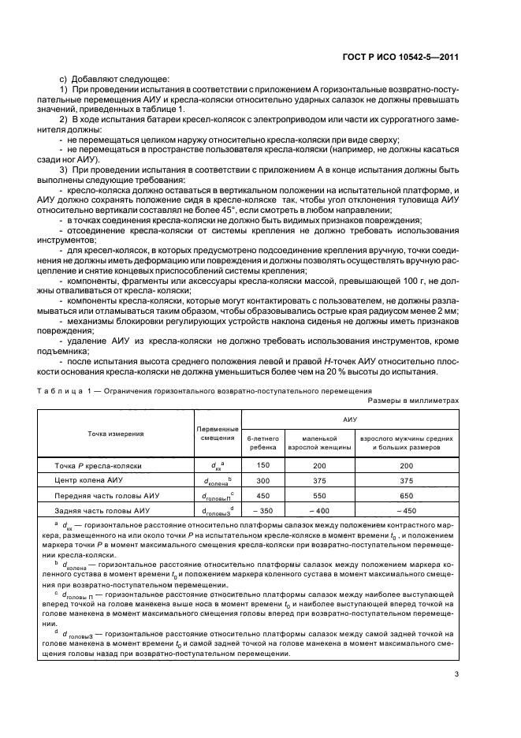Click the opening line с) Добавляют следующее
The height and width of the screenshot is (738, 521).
pyautogui.click(x=104, y=80)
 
